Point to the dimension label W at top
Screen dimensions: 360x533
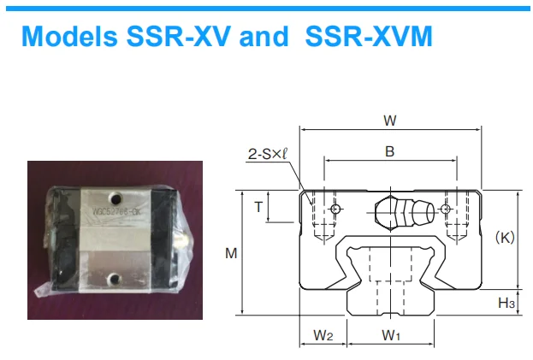(390, 121)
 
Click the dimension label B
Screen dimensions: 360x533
(389, 151)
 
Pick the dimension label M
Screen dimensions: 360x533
(230, 253)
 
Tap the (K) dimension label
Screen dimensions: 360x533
(505, 238)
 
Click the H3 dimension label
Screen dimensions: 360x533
(506, 303)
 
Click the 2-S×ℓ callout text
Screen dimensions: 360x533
(267, 155)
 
